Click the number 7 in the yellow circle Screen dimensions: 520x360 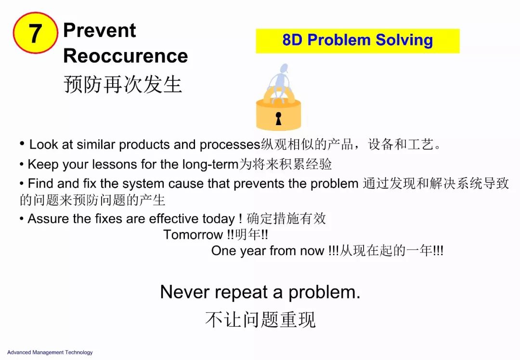(x=36, y=33)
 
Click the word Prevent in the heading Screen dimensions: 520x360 (x=100, y=30)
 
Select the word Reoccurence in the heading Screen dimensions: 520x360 (x=125, y=56)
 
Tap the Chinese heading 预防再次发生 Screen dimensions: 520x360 (x=123, y=84)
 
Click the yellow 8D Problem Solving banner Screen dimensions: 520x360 (x=357, y=41)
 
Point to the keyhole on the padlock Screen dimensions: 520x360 (x=279, y=118)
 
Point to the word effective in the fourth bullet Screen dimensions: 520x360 (x=174, y=219)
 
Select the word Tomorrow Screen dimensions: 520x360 (x=193, y=235)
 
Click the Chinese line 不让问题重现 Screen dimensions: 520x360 (x=260, y=320)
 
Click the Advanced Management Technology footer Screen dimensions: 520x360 (x=50, y=352)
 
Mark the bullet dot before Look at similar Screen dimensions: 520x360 (x=22, y=144)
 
